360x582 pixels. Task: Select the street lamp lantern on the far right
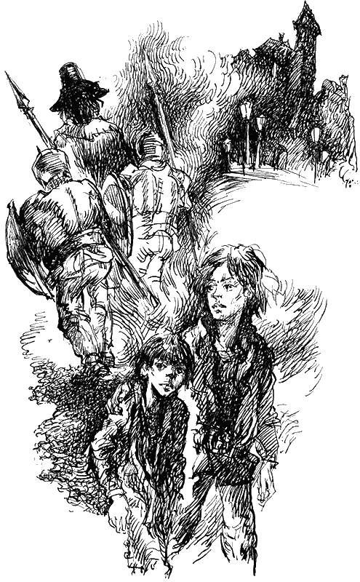[x=316, y=135]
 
